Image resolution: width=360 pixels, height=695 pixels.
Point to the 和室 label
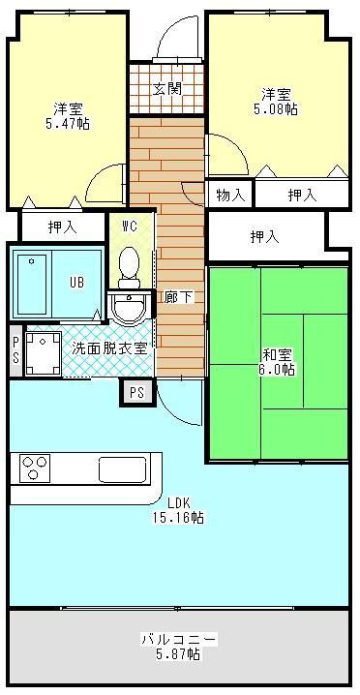pos(277,353)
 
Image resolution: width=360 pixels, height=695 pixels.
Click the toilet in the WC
pos(130,262)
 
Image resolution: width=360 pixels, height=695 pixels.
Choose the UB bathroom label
pos(75,283)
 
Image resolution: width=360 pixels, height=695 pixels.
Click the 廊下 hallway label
pos(178,297)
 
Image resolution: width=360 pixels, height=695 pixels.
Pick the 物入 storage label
pos(230,195)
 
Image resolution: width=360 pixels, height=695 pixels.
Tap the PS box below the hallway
pos(136,392)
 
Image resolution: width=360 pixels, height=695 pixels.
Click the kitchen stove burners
pos(34,468)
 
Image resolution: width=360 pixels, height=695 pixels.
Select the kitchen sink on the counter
pos(122,470)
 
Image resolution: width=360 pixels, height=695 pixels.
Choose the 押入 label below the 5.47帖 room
pos(63,227)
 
